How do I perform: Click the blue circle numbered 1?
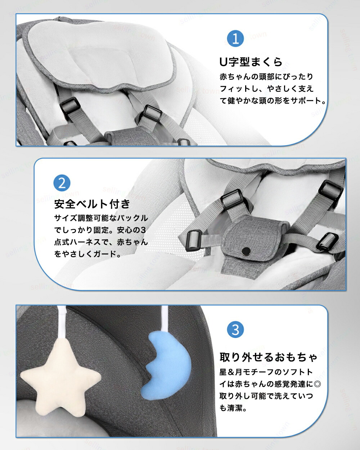(x=235, y=39)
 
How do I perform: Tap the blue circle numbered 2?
(x=62, y=183)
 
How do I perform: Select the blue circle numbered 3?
(x=235, y=329)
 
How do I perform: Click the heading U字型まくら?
(x=251, y=62)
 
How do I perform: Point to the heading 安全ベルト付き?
(x=92, y=204)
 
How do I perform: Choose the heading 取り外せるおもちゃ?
(x=269, y=357)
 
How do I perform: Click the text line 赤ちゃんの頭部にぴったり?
(x=266, y=77)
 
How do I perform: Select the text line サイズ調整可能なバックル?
(x=101, y=218)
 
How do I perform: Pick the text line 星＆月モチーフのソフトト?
(x=266, y=372)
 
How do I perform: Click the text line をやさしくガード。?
(x=87, y=254)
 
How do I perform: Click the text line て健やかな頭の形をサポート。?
(x=273, y=101)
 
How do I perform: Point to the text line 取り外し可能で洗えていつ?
(x=266, y=396)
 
